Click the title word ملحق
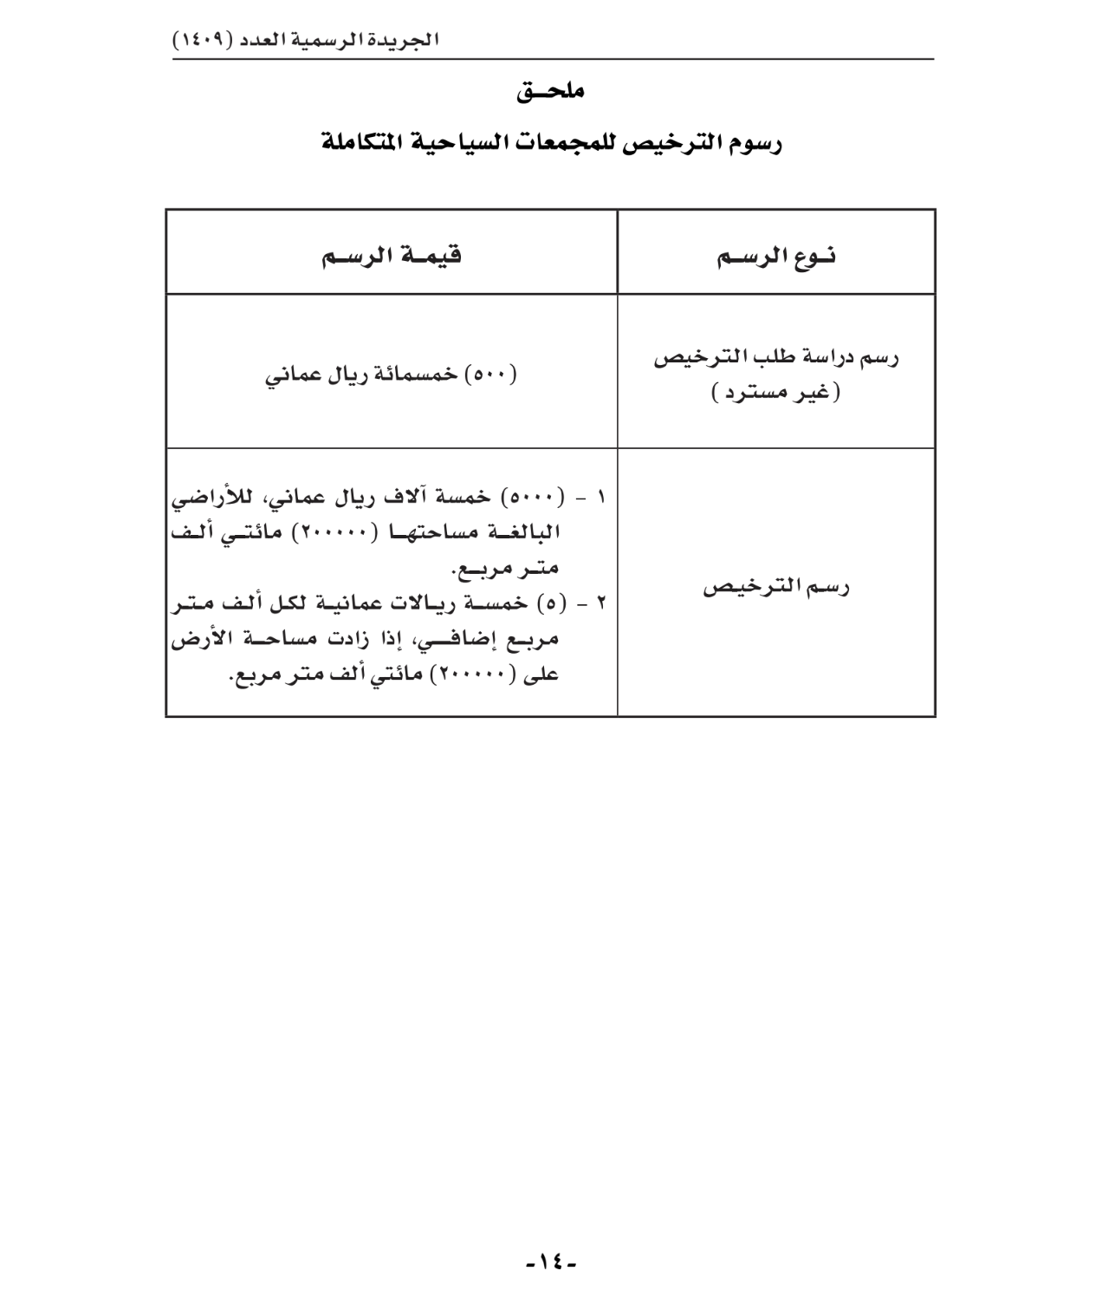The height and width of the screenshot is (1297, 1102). (x=551, y=91)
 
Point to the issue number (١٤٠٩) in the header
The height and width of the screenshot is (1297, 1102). (x=201, y=41)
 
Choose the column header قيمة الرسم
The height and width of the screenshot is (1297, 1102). (x=392, y=256)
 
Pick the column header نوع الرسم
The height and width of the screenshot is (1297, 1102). (x=776, y=257)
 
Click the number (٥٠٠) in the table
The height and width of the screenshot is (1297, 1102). (x=491, y=375)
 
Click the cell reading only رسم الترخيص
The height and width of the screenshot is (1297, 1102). (x=776, y=587)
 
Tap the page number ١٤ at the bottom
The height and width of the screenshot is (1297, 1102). (x=551, y=1261)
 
